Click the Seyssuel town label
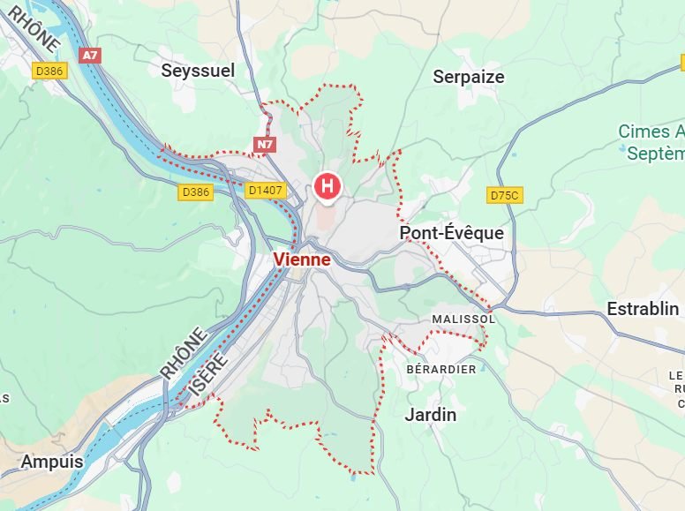point(198,71)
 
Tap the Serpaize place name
point(468,77)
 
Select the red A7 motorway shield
point(89,55)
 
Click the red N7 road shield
point(265,143)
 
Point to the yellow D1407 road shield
point(266,190)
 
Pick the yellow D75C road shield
point(505,194)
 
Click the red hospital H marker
point(327,186)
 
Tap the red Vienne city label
point(302,259)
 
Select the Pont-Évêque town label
point(451,233)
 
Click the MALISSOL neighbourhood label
point(463,318)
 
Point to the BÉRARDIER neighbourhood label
point(440,369)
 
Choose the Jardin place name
point(430,414)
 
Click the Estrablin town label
point(643,309)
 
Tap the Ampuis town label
point(52,461)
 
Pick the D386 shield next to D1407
point(196,192)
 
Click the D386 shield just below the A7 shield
point(51,70)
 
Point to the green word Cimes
point(644,132)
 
